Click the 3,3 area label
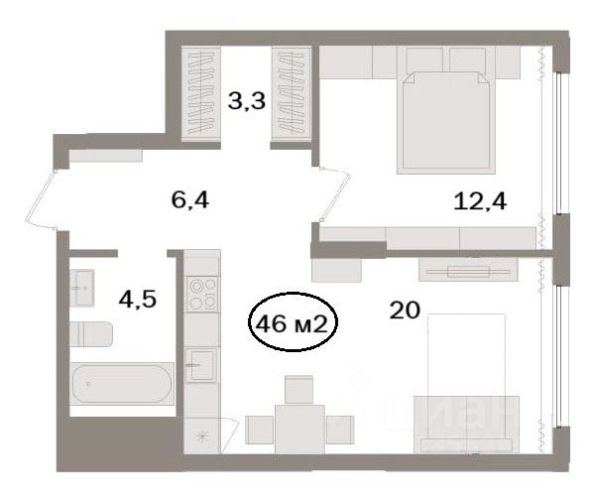[x=247, y=101]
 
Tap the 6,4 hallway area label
[x=190, y=199]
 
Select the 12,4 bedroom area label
[x=480, y=200]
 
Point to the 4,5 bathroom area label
[x=138, y=300]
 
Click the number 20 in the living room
[x=405, y=311]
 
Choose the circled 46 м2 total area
[x=293, y=321]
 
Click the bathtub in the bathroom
[x=122, y=384]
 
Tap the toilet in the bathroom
[x=91, y=334]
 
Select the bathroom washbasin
[x=82, y=288]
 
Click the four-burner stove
[x=202, y=295]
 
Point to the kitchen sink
[x=201, y=365]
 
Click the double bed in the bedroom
[x=446, y=122]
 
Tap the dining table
[x=299, y=430]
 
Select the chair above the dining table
[x=298, y=390]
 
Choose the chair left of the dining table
[x=260, y=430]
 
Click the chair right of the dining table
[x=340, y=430]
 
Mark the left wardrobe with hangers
[x=200, y=94]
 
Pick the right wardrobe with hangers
[x=292, y=94]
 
